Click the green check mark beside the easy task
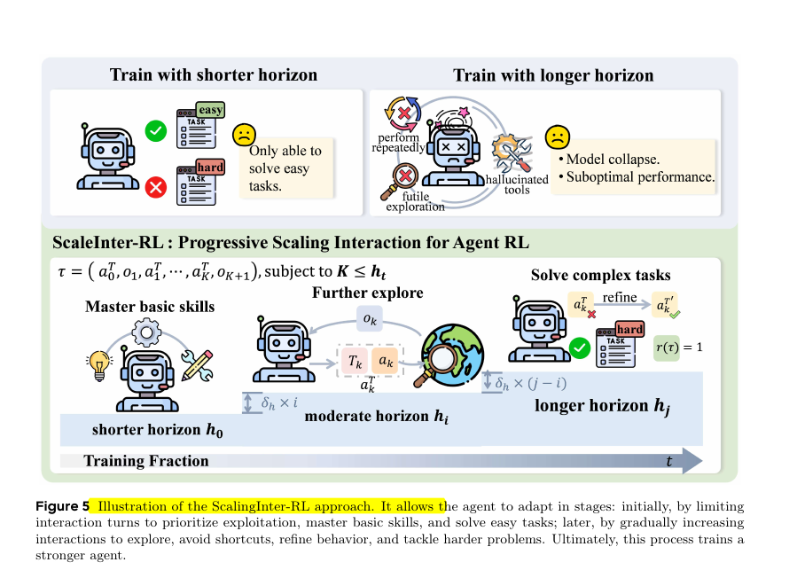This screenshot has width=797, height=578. coord(156,131)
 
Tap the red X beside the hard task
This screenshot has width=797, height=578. coord(156,186)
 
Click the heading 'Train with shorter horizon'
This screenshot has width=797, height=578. coord(213,74)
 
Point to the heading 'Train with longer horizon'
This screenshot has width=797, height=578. coord(553,74)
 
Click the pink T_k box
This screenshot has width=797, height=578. coord(354,363)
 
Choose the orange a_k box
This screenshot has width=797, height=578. coord(387,363)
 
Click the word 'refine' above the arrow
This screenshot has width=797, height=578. coord(621,297)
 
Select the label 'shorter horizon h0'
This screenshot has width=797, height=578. coord(158,431)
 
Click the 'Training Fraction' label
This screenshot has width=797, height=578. coord(146,460)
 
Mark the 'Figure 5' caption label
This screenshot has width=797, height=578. coord(62,507)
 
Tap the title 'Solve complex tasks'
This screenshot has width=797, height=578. coord(600,275)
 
